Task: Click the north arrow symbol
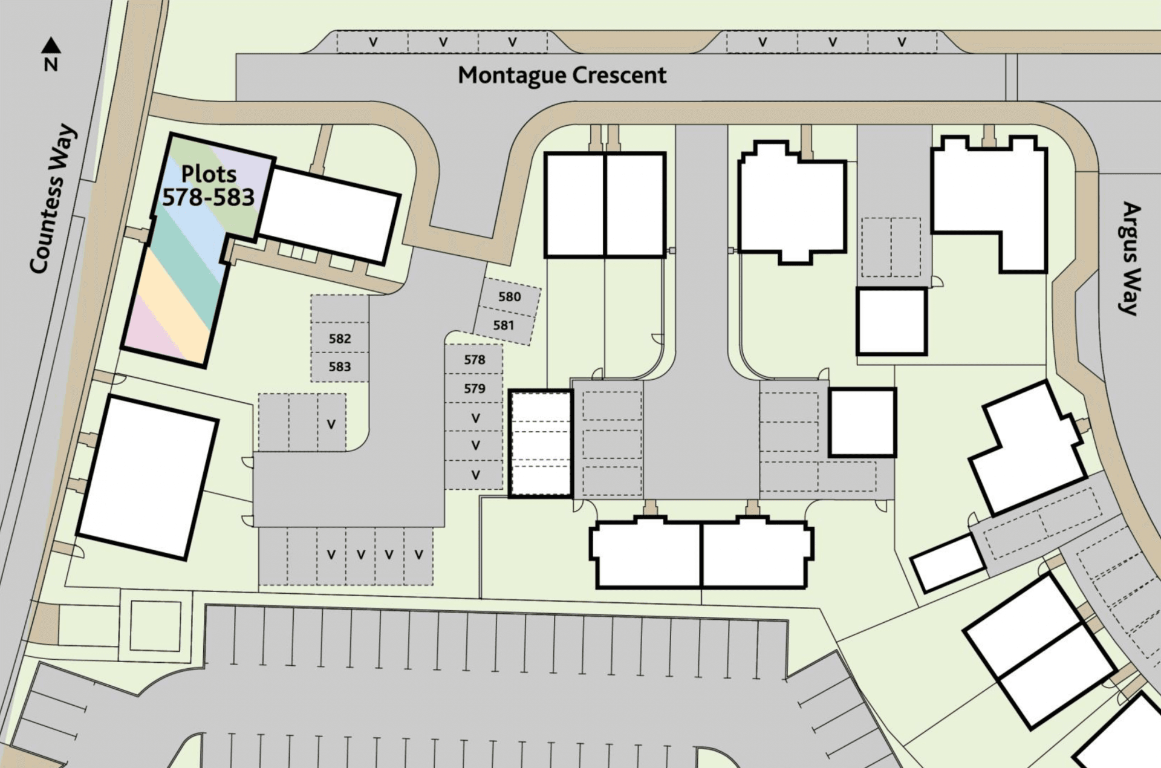(x=51, y=45)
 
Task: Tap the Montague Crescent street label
(x=562, y=76)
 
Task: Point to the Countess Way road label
(x=54, y=199)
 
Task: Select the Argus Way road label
(x=1130, y=258)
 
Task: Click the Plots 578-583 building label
(x=209, y=186)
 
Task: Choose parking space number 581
(x=503, y=325)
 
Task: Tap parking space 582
(x=340, y=339)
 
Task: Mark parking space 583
(x=340, y=367)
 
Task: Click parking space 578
(x=475, y=360)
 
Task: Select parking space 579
(x=475, y=388)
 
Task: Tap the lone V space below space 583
(x=331, y=423)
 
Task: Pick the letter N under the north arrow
(x=51, y=64)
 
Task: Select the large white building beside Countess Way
(x=148, y=477)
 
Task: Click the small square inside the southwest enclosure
(x=155, y=626)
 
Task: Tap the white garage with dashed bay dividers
(x=541, y=444)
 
